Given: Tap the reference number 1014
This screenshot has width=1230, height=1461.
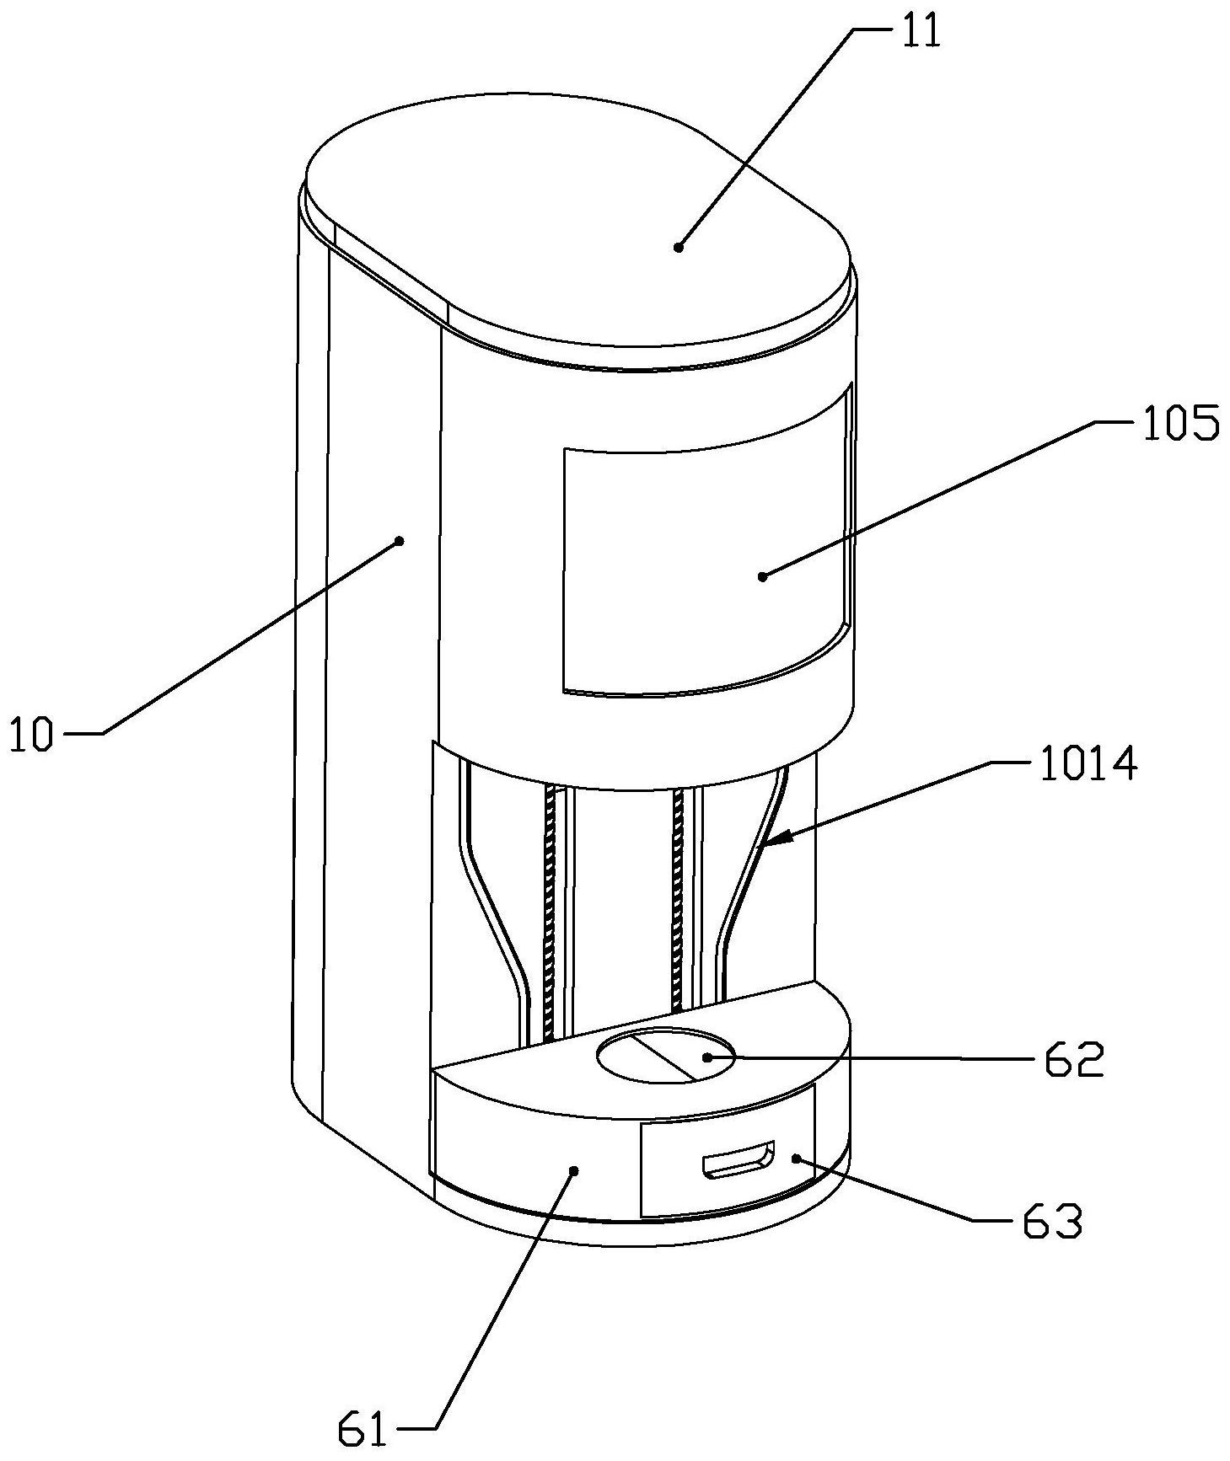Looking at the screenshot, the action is [x=1088, y=765].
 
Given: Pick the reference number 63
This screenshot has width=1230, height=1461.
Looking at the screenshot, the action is [x=1053, y=1221].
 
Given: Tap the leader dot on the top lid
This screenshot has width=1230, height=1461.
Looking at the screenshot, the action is [x=678, y=247].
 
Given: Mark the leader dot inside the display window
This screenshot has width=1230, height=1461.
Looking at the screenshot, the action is [x=762, y=576].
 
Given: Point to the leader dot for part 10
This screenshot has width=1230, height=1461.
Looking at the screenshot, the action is [x=400, y=541].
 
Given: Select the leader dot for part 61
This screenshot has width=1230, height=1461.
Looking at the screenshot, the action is [x=574, y=1169].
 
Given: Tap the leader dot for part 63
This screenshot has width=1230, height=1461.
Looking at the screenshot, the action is [x=796, y=1159].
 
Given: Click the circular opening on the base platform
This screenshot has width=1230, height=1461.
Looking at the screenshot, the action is [x=665, y=1056].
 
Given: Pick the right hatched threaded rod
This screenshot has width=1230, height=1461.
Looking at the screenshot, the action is [x=676, y=899].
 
